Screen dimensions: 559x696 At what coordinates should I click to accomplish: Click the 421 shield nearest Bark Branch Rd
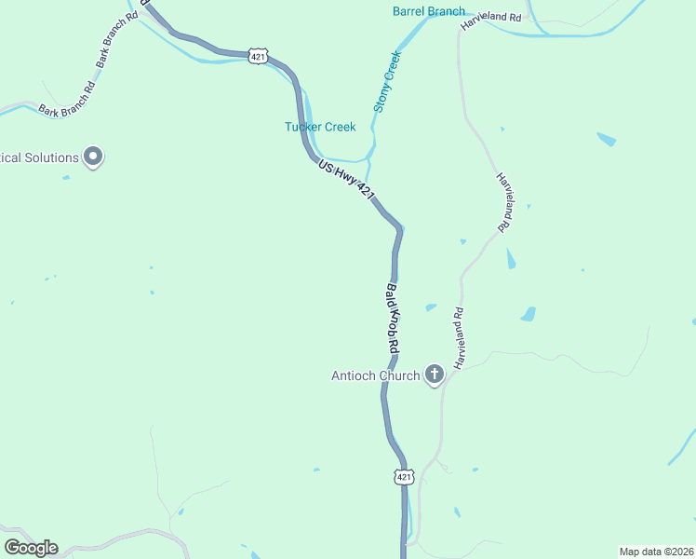coord(259,57)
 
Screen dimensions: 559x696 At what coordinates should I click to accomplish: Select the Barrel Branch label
coord(429,11)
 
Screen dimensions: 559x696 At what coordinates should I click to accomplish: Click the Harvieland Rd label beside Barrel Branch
coord(491,19)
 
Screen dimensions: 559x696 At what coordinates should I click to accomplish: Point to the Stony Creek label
coord(387,82)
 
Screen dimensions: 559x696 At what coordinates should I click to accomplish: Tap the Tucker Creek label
coord(320,127)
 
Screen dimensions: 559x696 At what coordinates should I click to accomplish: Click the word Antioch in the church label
coord(355,376)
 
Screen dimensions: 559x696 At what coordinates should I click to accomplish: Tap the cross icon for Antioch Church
coord(434,375)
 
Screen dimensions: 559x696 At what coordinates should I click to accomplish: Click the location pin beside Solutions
coord(93,157)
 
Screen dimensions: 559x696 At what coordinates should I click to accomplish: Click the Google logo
coord(31,548)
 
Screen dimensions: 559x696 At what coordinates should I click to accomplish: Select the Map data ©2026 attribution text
coord(656,551)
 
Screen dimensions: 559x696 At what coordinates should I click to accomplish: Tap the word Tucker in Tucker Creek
coord(303,127)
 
